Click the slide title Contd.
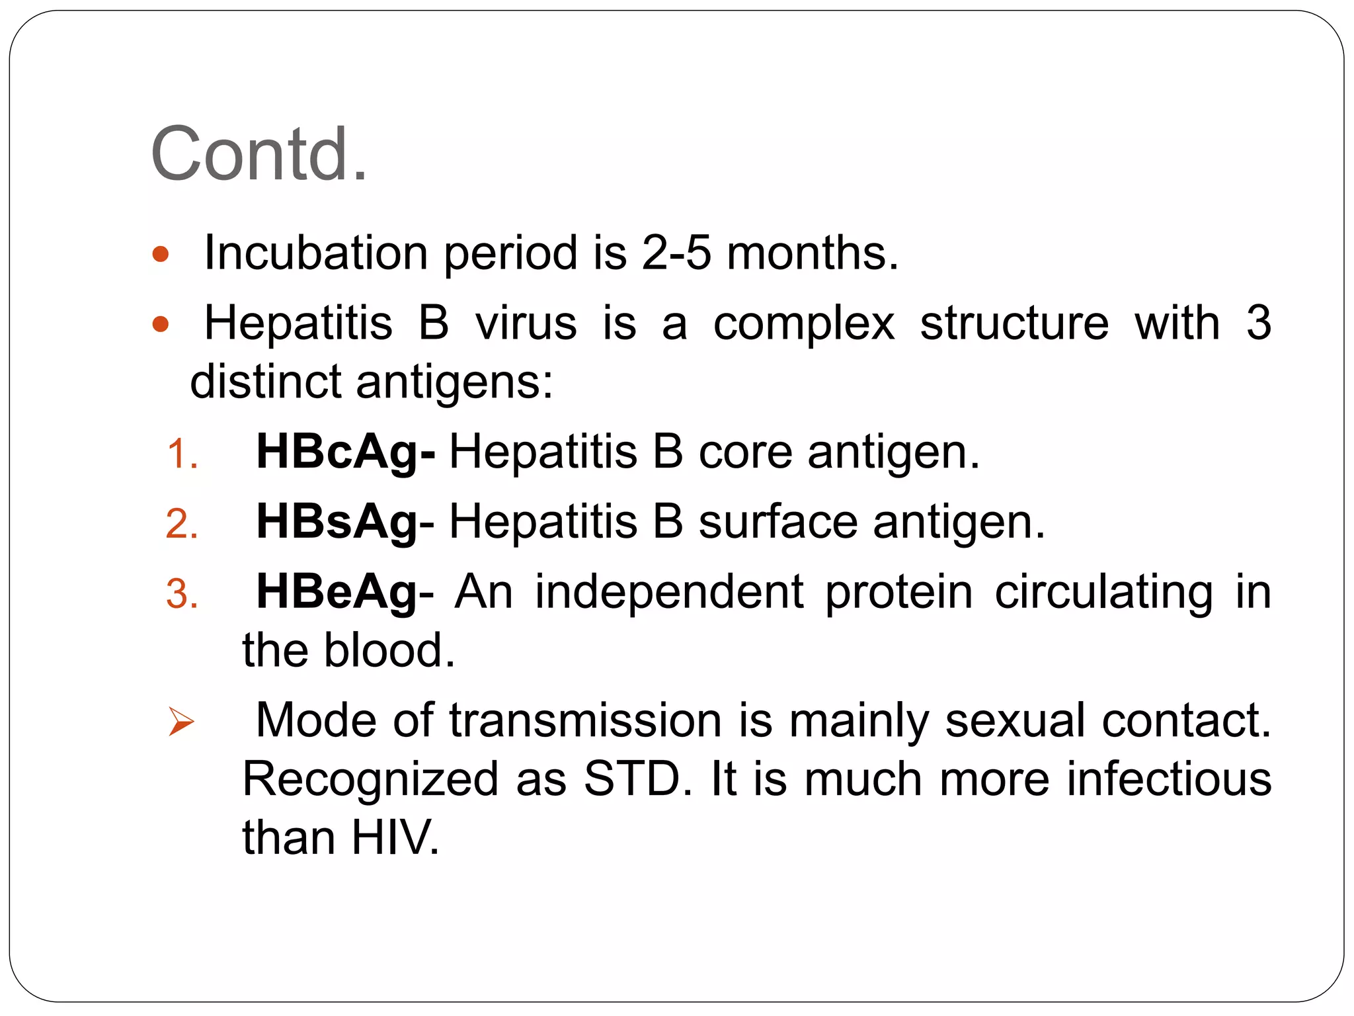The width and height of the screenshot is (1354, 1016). [x=259, y=154]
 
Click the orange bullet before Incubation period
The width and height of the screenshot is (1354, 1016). [x=161, y=254]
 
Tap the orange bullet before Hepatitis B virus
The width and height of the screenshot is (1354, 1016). [x=161, y=324]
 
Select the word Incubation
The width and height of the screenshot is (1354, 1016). [x=316, y=253]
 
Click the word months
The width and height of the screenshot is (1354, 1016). [x=813, y=253]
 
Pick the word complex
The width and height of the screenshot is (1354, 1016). [x=803, y=324]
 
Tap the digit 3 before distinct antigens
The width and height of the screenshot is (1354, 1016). [x=1258, y=323]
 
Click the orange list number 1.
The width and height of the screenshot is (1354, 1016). [x=182, y=455]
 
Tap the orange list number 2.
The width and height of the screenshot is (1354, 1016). [x=182, y=525]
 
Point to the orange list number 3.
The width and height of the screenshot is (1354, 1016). [x=182, y=594]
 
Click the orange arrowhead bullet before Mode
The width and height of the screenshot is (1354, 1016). [x=180, y=721]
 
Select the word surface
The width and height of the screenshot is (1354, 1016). [x=778, y=523]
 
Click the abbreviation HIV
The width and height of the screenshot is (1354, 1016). [x=395, y=838]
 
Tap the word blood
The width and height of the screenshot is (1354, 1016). [x=389, y=650]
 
